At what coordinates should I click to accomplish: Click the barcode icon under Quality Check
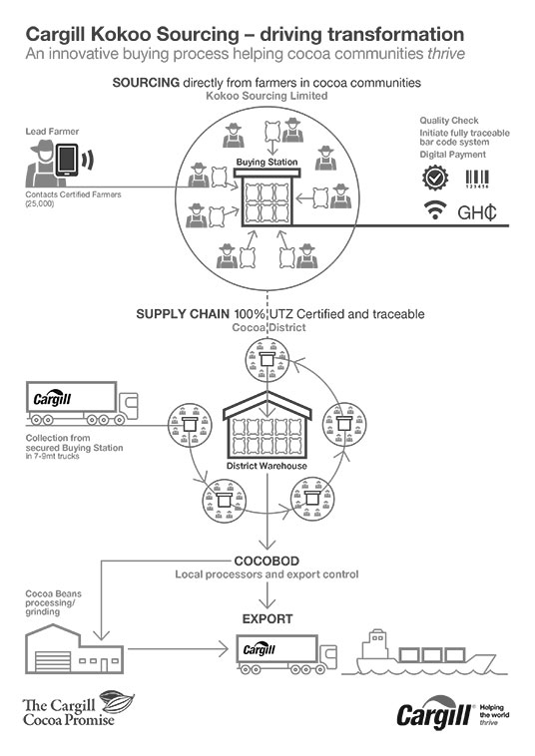477,179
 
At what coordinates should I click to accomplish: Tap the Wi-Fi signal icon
434,210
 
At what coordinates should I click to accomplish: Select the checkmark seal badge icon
435,178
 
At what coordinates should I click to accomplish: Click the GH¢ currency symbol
477,211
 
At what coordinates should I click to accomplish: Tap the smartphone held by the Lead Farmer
67,160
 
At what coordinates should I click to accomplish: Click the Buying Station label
267,162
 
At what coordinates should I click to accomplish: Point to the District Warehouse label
267,466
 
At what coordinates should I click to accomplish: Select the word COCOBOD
267,561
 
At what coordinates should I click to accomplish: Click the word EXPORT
267,618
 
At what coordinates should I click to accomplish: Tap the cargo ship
424,652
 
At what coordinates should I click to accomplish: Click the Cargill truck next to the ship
286,654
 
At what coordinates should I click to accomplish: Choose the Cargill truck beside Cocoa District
82,404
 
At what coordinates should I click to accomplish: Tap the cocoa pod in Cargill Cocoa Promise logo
117,702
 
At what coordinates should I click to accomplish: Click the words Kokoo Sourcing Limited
267,96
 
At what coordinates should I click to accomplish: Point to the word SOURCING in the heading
146,83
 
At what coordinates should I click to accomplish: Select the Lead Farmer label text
52,131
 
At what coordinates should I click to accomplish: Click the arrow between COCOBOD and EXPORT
267,594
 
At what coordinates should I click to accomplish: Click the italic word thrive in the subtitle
446,53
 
